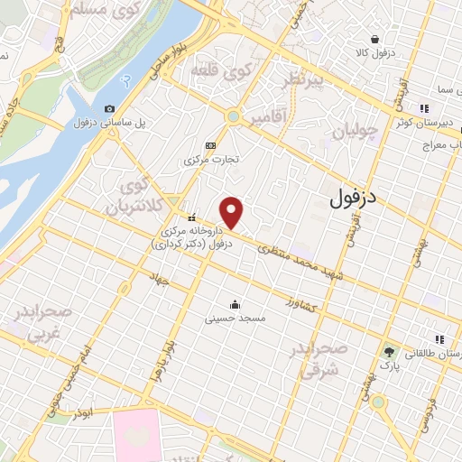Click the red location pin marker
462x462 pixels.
point(233,213)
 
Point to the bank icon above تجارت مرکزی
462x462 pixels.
point(211,144)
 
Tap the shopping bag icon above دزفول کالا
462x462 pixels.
point(374,39)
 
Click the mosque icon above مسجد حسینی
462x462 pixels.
point(235,303)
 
